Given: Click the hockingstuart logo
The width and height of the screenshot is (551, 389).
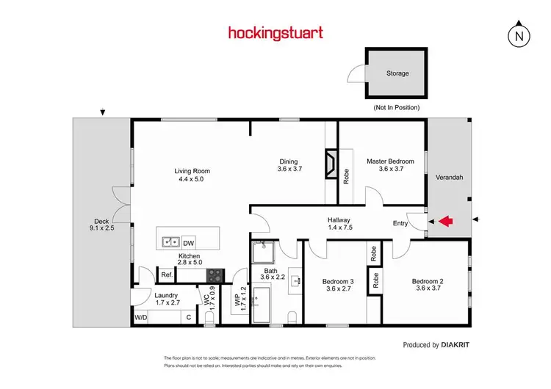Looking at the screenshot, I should (x=275, y=33).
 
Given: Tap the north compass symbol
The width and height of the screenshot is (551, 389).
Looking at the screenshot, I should (x=519, y=34).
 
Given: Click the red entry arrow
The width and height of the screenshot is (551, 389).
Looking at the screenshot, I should (x=447, y=219).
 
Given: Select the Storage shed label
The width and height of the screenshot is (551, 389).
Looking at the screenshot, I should (x=397, y=73).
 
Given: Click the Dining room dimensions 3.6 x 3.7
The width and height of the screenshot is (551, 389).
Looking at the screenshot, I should (x=289, y=170).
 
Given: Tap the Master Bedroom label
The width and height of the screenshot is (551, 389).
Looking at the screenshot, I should (x=391, y=161).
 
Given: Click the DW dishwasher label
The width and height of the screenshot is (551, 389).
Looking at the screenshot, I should (x=189, y=242).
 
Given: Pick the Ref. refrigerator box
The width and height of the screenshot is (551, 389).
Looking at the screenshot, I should (x=167, y=275).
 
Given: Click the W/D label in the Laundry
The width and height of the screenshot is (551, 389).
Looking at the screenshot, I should (x=140, y=318).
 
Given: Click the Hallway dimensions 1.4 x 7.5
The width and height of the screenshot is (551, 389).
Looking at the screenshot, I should (x=339, y=228).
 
